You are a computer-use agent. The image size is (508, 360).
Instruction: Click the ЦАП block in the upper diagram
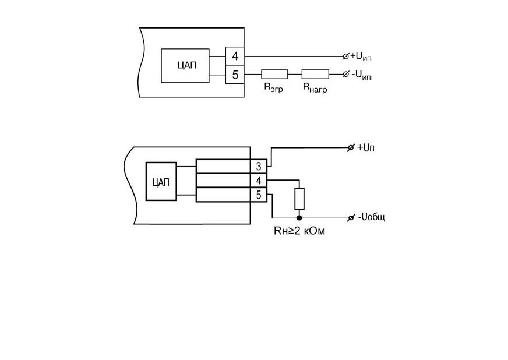click(x=185, y=65)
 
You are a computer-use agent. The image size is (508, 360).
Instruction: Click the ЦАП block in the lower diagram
click(x=161, y=182)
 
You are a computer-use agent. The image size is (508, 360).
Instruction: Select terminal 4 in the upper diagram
click(x=235, y=56)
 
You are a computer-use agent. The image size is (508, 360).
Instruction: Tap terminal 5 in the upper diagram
click(x=235, y=75)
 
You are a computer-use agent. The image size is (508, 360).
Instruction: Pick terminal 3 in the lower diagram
click(x=259, y=166)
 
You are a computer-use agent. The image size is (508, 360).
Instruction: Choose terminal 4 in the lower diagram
click(x=259, y=181)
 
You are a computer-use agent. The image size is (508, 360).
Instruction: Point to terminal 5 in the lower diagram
click(x=259, y=195)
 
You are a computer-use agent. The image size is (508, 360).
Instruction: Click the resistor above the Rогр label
click(x=274, y=74)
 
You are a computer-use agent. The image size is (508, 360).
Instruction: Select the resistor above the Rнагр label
click(x=315, y=74)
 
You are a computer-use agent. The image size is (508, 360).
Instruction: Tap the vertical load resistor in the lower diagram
click(x=299, y=199)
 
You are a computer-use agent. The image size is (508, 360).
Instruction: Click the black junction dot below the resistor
click(x=299, y=218)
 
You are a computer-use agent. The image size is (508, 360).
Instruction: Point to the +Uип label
click(x=361, y=57)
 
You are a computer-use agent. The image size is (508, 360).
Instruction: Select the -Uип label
click(x=361, y=75)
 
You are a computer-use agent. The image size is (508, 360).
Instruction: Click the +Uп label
click(x=365, y=148)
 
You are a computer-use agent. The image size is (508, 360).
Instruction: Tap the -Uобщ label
click(x=371, y=217)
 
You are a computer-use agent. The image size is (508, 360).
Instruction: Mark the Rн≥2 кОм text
click(x=299, y=231)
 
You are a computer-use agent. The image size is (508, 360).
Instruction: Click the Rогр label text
click(x=273, y=87)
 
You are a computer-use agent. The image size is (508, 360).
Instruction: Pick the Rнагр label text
click(x=315, y=87)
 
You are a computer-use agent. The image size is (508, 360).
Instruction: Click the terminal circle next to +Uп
click(x=351, y=148)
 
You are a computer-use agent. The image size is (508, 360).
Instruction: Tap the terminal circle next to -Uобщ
click(x=351, y=218)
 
